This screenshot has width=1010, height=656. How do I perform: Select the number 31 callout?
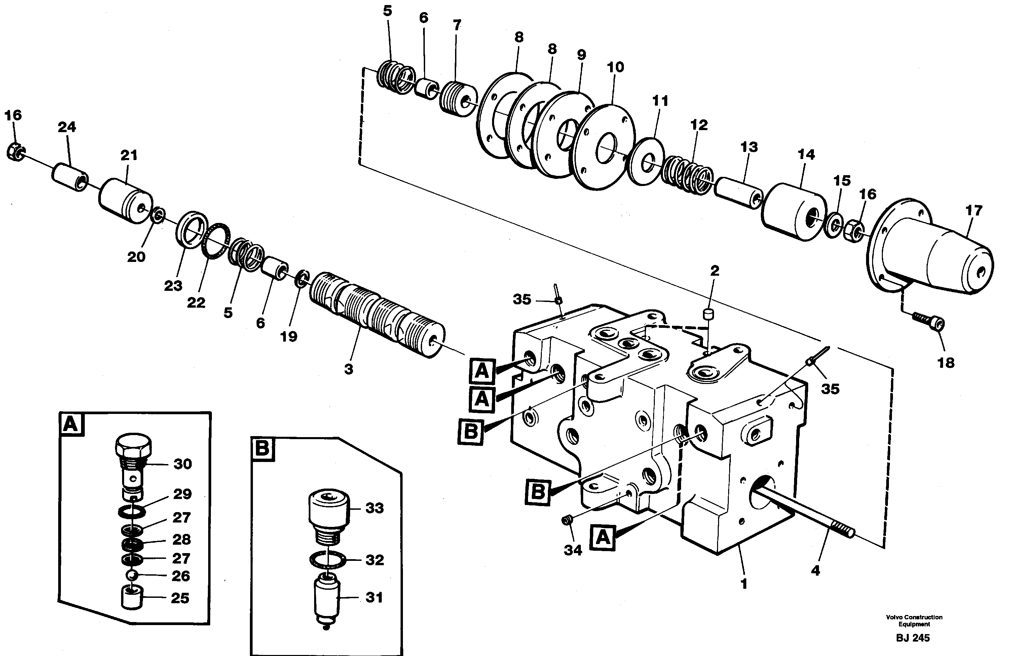coord(374,597)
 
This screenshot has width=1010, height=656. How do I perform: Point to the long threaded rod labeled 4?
coord(802,514)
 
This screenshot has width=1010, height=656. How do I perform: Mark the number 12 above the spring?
coord(699,125)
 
